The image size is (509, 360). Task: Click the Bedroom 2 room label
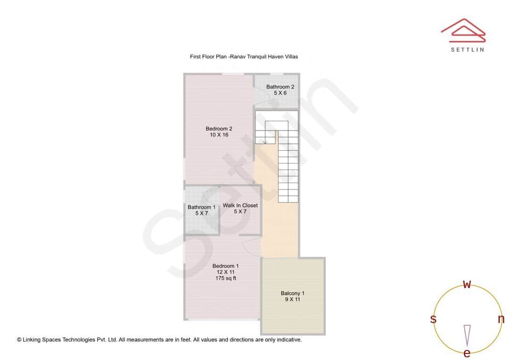click(x=219, y=129)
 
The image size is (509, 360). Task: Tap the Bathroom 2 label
click(x=280, y=87)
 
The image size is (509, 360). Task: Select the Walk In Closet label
click(x=240, y=205)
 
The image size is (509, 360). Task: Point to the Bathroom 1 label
click(x=201, y=207)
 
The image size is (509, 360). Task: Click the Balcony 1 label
click(x=292, y=294)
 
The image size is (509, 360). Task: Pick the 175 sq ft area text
click(x=226, y=278)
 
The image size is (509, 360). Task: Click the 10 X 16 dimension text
click(x=219, y=135)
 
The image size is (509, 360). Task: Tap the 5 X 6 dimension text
click(x=280, y=93)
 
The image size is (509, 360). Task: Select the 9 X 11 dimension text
click(x=292, y=300)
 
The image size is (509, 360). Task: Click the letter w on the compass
click(x=467, y=284)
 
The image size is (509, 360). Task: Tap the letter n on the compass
click(x=501, y=319)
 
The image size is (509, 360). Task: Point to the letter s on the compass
click(x=433, y=319)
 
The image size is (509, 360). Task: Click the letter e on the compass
click(x=467, y=353)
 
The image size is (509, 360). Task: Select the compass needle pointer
click(x=467, y=335)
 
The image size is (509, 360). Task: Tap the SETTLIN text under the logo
click(x=467, y=49)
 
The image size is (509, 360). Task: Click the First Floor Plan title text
click(x=244, y=57)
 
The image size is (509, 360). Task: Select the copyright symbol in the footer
click(x=19, y=339)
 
